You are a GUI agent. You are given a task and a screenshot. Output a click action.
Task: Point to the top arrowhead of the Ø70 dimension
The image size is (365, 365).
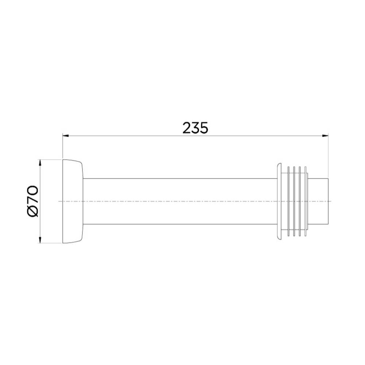pyautogui.click(x=40, y=162)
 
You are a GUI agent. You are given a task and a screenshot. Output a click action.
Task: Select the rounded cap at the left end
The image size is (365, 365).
pyautogui.click(x=73, y=201)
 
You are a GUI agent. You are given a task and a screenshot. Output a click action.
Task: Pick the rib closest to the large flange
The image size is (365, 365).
pyautogui.click(x=289, y=201)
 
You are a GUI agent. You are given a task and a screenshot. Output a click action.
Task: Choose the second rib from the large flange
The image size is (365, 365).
pyautogui.click(x=294, y=201)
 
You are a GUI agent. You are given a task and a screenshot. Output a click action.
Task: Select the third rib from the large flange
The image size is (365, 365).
pyautogui.click(x=300, y=201)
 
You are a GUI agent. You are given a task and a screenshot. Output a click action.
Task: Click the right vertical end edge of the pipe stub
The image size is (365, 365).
pyautogui.click(x=329, y=201)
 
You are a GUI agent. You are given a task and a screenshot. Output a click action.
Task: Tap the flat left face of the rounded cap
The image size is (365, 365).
pyautogui.click(x=63, y=201)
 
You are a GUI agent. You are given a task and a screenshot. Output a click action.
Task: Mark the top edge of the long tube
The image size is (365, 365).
pyautogui.click(x=179, y=178)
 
